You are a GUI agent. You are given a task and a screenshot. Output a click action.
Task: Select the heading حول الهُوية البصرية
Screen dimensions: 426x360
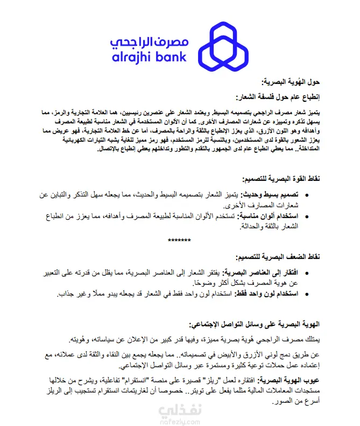click(291, 82)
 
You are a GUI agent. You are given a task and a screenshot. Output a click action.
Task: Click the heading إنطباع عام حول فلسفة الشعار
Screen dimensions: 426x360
click(278, 97)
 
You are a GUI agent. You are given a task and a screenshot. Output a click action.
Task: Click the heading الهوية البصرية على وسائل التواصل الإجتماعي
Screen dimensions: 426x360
click(255, 324)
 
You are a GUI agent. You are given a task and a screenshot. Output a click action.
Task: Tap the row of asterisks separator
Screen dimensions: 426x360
click(180, 240)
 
